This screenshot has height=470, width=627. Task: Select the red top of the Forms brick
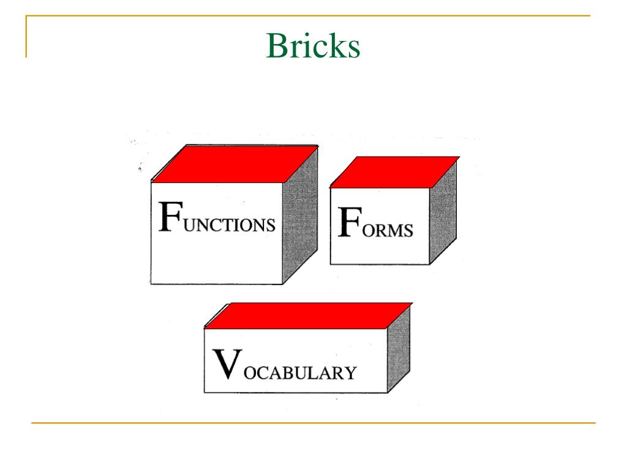tap(395, 171)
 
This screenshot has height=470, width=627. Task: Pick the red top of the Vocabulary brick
tap(307, 315)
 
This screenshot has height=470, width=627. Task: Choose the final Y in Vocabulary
tap(350, 372)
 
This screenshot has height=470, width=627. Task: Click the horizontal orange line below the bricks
tap(313, 422)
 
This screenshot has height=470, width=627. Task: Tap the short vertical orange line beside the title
tap(26, 37)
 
